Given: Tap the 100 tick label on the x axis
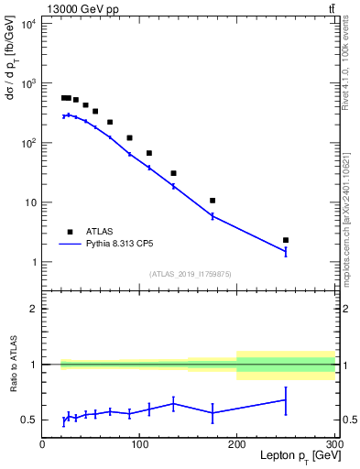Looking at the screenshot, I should click(139, 443).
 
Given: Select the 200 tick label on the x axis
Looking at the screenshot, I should click(237, 443).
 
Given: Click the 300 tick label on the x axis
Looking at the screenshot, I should click(333, 443).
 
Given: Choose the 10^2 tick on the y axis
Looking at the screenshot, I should click(27, 143).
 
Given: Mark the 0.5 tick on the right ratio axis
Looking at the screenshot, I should click(347, 420).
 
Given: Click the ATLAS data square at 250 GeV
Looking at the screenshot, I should click(286, 240).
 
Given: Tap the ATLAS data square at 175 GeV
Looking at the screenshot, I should click(213, 201).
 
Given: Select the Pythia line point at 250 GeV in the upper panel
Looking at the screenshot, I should click(286, 251).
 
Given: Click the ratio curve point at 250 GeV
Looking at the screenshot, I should click(286, 399).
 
